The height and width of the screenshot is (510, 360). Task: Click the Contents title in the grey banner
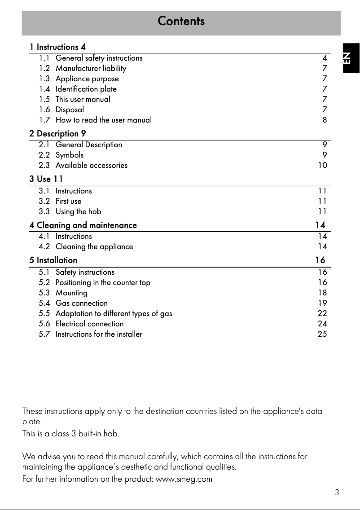[x=181, y=21]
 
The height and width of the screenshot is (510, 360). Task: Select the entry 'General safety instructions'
[x=99, y=58]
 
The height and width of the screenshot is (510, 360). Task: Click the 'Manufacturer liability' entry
[x=91, y=68]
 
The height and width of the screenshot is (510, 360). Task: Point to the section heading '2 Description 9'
[x=57, y=133]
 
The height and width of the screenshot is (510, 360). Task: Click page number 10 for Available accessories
[x=322, y=165]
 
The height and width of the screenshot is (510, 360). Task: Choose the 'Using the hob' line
[x=78, y=211]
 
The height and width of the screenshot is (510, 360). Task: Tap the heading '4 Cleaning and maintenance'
[x=83, y=225]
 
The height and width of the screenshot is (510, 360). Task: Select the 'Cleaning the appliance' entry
[x=94, y=246]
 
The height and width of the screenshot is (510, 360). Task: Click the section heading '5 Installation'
[x=53, y=260]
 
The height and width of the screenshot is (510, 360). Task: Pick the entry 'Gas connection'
[x=81, y=303]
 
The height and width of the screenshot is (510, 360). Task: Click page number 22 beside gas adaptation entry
[x=322, y=313]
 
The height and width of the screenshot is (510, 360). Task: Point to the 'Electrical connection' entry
[x=89, y=324]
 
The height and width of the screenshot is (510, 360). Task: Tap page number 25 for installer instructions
[x=322, y=334]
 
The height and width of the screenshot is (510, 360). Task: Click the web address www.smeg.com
[x=184, y=479]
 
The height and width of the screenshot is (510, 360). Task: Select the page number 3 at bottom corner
[x=337, y=492]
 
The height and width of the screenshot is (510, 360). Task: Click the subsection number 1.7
[x=44, y=120]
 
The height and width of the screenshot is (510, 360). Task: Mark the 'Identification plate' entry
[x=86, y=89]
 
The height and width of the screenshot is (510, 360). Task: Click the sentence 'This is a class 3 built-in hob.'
[x=70, y=434]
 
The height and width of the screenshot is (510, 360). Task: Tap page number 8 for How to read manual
[x=325, y=120]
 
